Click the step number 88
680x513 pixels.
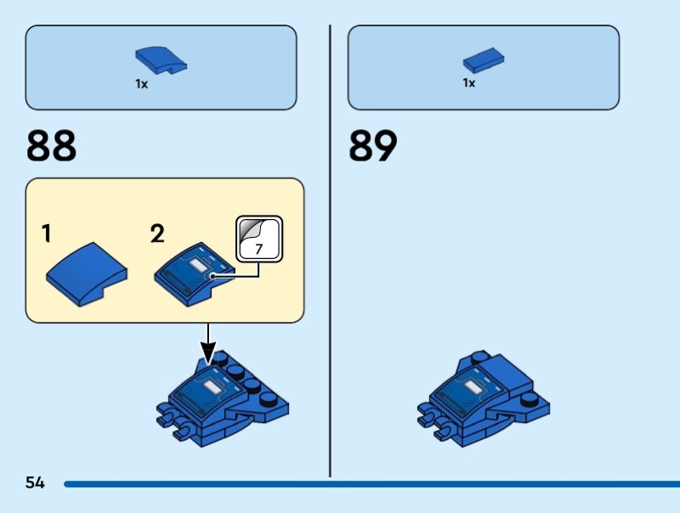click(52, 145)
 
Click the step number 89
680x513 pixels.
click(373, 145)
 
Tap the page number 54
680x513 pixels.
click(35, 483)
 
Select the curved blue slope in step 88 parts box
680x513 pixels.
click(161, 59)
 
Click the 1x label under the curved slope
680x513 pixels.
click(141, 84)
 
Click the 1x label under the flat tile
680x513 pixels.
click(468, 83)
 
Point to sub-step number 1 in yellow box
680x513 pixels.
click(48, 234)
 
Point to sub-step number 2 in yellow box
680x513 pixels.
click(157, 234)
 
